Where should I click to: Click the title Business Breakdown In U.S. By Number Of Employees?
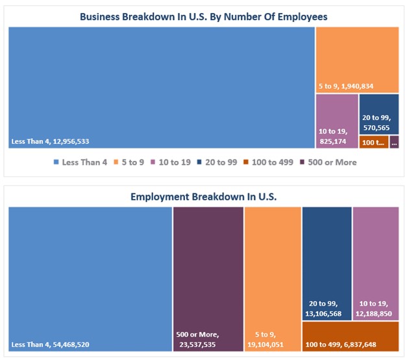[x=202, y=16]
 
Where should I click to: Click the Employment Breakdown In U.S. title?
[x=203, y=196]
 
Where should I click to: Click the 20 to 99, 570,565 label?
[x=376, y=123]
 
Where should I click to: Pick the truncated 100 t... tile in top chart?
[x=373, y=142]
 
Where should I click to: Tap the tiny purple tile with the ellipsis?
[x=395, y=142]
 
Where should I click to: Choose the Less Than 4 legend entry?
[x=80, y=162]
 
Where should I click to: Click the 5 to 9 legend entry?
[x=130, y=162]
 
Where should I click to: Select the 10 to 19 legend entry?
[x=171, y=162]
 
